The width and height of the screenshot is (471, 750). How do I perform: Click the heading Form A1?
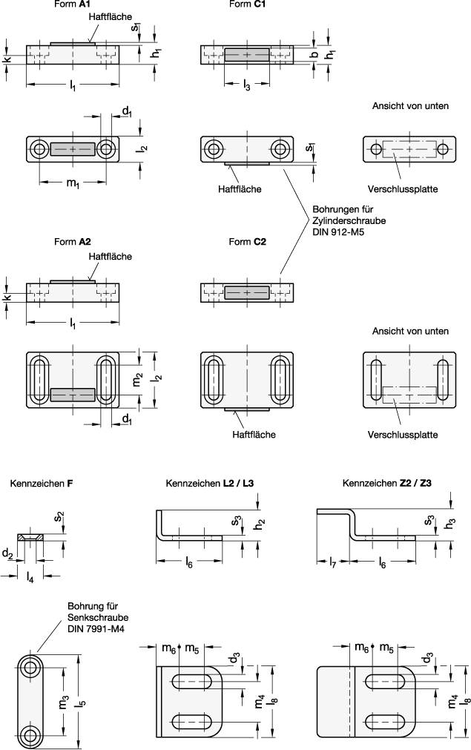click(73, 4)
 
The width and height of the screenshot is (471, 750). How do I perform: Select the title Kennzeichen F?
click(42, 484)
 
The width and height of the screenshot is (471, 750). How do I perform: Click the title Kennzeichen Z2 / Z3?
click(387, 484)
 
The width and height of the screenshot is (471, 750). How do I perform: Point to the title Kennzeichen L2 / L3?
click(210, 484)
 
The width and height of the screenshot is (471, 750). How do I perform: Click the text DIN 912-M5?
click(338, 232)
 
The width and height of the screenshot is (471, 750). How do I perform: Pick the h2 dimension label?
click(261, 524)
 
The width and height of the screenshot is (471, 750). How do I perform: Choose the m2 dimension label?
click(137, 381)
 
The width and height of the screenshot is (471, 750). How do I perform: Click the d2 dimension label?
click(7, 553)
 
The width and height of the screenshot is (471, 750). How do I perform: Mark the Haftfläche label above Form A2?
click(110, 257)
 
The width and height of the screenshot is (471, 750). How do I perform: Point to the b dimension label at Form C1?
click(314, 54)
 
